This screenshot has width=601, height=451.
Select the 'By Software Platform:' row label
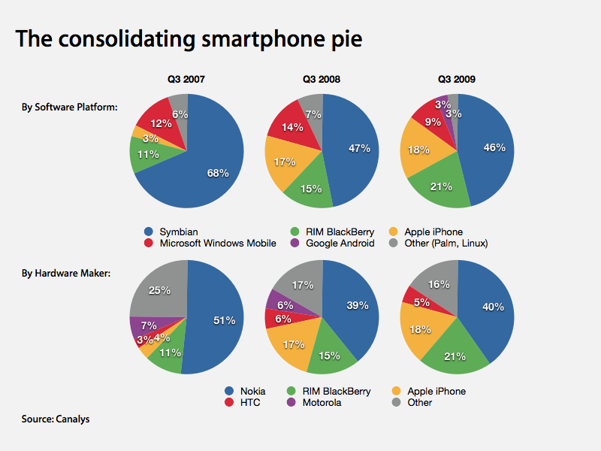coord(69,107)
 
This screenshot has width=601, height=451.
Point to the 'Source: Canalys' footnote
coord(56,419)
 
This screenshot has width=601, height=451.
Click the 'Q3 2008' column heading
coord(322,78)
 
